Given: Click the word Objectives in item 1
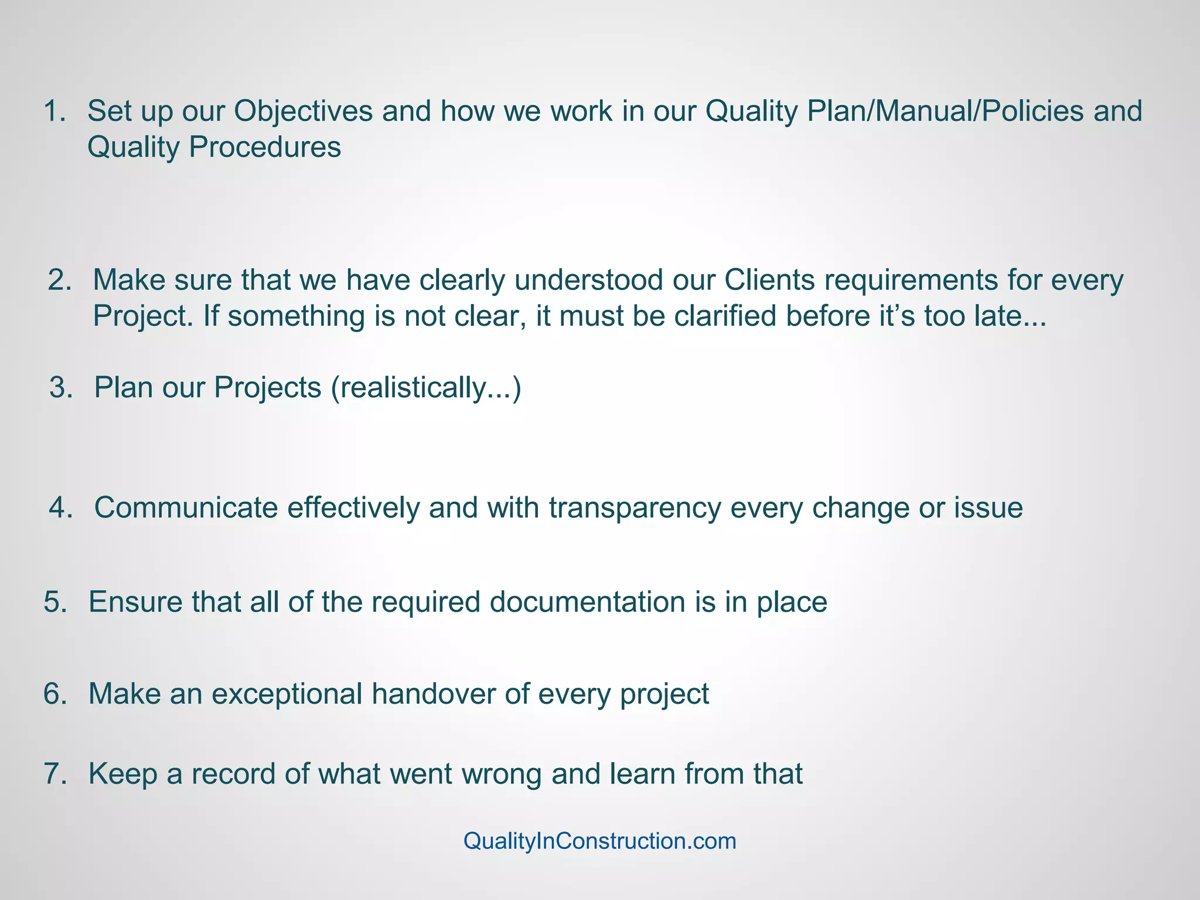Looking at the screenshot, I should (x=303, y=111).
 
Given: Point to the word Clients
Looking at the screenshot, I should (x=769, y=280).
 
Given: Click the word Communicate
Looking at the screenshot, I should (x=186, y=507).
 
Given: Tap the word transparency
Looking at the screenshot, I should (x=635, y=507).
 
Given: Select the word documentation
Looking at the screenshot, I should (x=588, y=602).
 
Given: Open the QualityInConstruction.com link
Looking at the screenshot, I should (x=599, y=841).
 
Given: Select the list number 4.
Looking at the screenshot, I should (x=60, y=507).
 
